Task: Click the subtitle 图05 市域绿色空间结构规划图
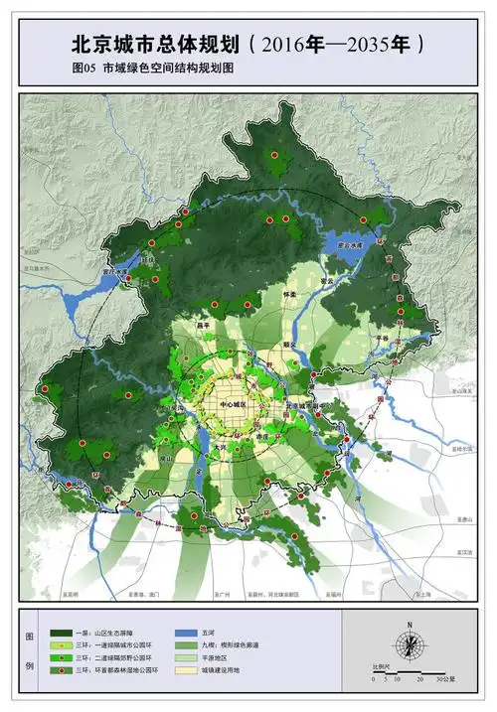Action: pos(158,71)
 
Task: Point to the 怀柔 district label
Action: pos(290,295)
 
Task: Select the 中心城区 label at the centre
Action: pos(227,406)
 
